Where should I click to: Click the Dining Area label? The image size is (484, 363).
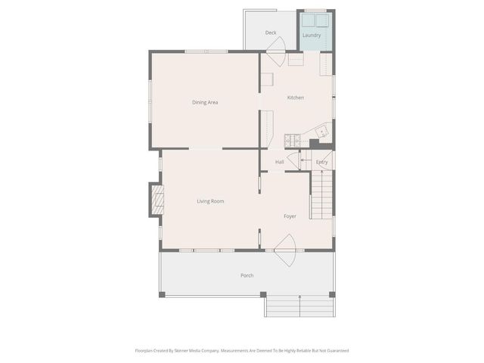coord(205,102)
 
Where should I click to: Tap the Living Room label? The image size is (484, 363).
coord(210,201)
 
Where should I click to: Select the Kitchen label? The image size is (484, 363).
coord(295,98)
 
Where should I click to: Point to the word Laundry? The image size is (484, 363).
coord(311,35)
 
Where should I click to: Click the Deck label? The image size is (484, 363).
coord(271,33)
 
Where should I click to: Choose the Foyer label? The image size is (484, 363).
coord(290,216)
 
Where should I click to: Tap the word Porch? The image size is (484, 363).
coord(247,275)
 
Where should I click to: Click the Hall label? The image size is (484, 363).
coord(279,162)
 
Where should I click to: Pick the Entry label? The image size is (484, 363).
coord(321,162)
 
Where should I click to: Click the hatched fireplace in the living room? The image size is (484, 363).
coord(157,200)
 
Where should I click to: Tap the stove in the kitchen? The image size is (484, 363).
coord(292,140)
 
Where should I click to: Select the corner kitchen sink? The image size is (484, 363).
coord(322,132)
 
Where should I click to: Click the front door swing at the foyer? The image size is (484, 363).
coord(285,249)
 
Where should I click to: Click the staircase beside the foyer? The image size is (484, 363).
coord(322,194)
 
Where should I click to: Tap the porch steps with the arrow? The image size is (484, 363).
coord(299,306)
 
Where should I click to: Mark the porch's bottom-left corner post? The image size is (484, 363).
coord(162,294)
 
